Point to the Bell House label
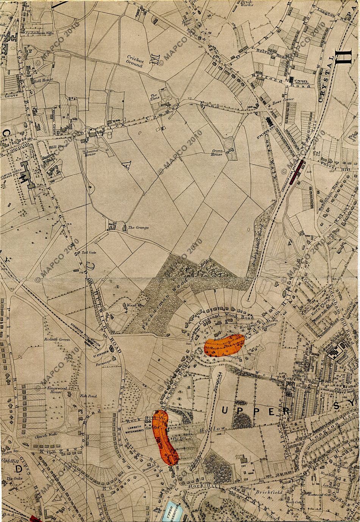[44, 80]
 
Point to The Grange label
[138, 228]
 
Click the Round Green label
[57, 339]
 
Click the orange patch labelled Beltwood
[224, 344]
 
